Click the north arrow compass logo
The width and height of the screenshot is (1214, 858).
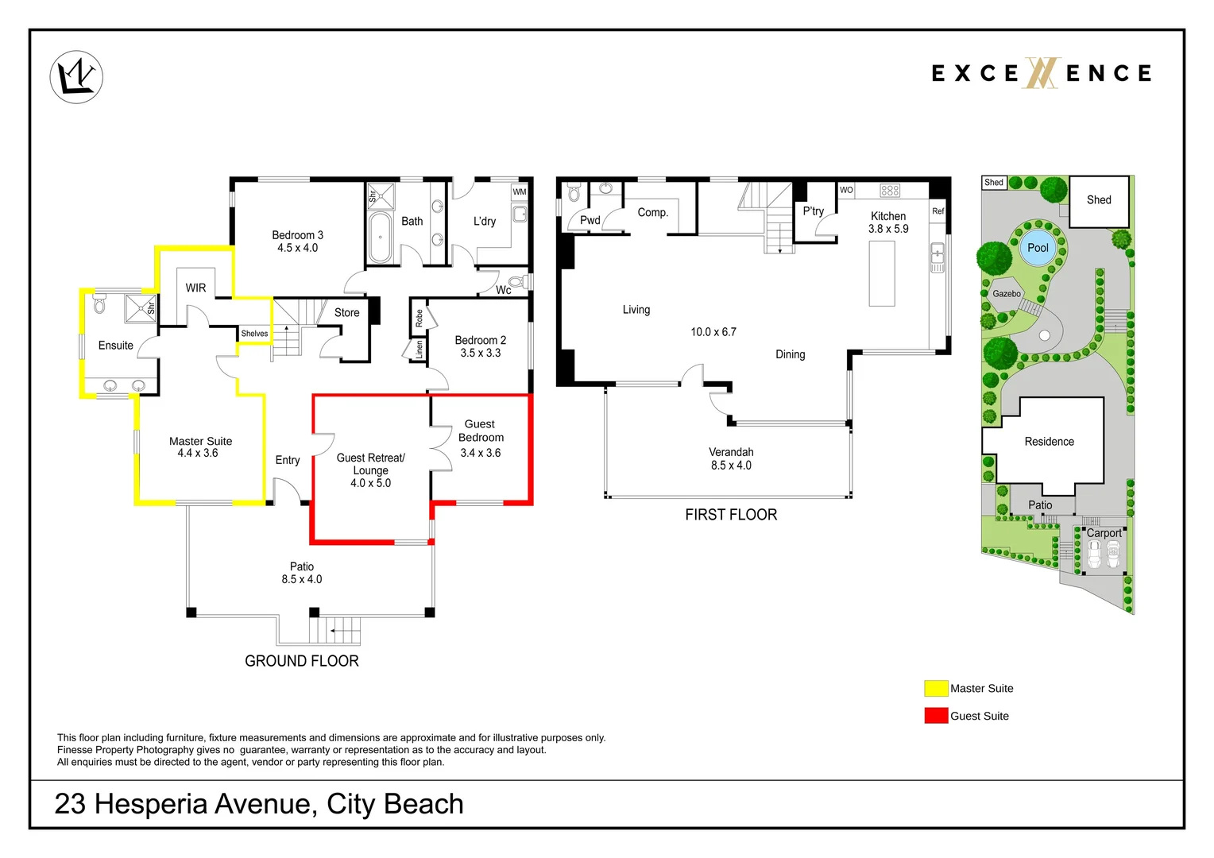tap(76, 77)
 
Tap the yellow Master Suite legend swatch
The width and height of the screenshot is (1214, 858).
tap(936, 688)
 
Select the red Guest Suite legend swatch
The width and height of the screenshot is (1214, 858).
tap(936, 716)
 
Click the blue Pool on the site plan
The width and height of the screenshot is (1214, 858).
tap(1038, 248)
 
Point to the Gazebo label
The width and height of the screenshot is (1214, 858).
tap(1007, 294)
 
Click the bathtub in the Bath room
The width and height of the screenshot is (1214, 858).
tap(380, 238)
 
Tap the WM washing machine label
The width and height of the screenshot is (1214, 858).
tap(519, 192)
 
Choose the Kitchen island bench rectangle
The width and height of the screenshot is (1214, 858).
tap(882, 274)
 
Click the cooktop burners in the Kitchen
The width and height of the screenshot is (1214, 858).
tap(890, 190)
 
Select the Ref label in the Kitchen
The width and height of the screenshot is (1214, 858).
tap(938, 211)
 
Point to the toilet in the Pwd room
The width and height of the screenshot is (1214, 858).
tap(574, 192)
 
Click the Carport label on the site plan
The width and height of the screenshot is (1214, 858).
tap(1104, 533)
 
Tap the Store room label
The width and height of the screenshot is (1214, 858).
tap(347, 313)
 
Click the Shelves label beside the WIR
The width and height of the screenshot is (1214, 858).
tap(254, 334)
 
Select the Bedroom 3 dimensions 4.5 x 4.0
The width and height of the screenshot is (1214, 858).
tap(297, 248)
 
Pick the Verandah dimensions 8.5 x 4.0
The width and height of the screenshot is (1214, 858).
tap(731, 465)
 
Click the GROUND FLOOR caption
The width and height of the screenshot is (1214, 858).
tap(302, 661)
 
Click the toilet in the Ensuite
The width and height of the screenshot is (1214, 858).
tap(99, 303)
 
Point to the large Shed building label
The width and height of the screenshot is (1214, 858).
tap(1099, 200)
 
